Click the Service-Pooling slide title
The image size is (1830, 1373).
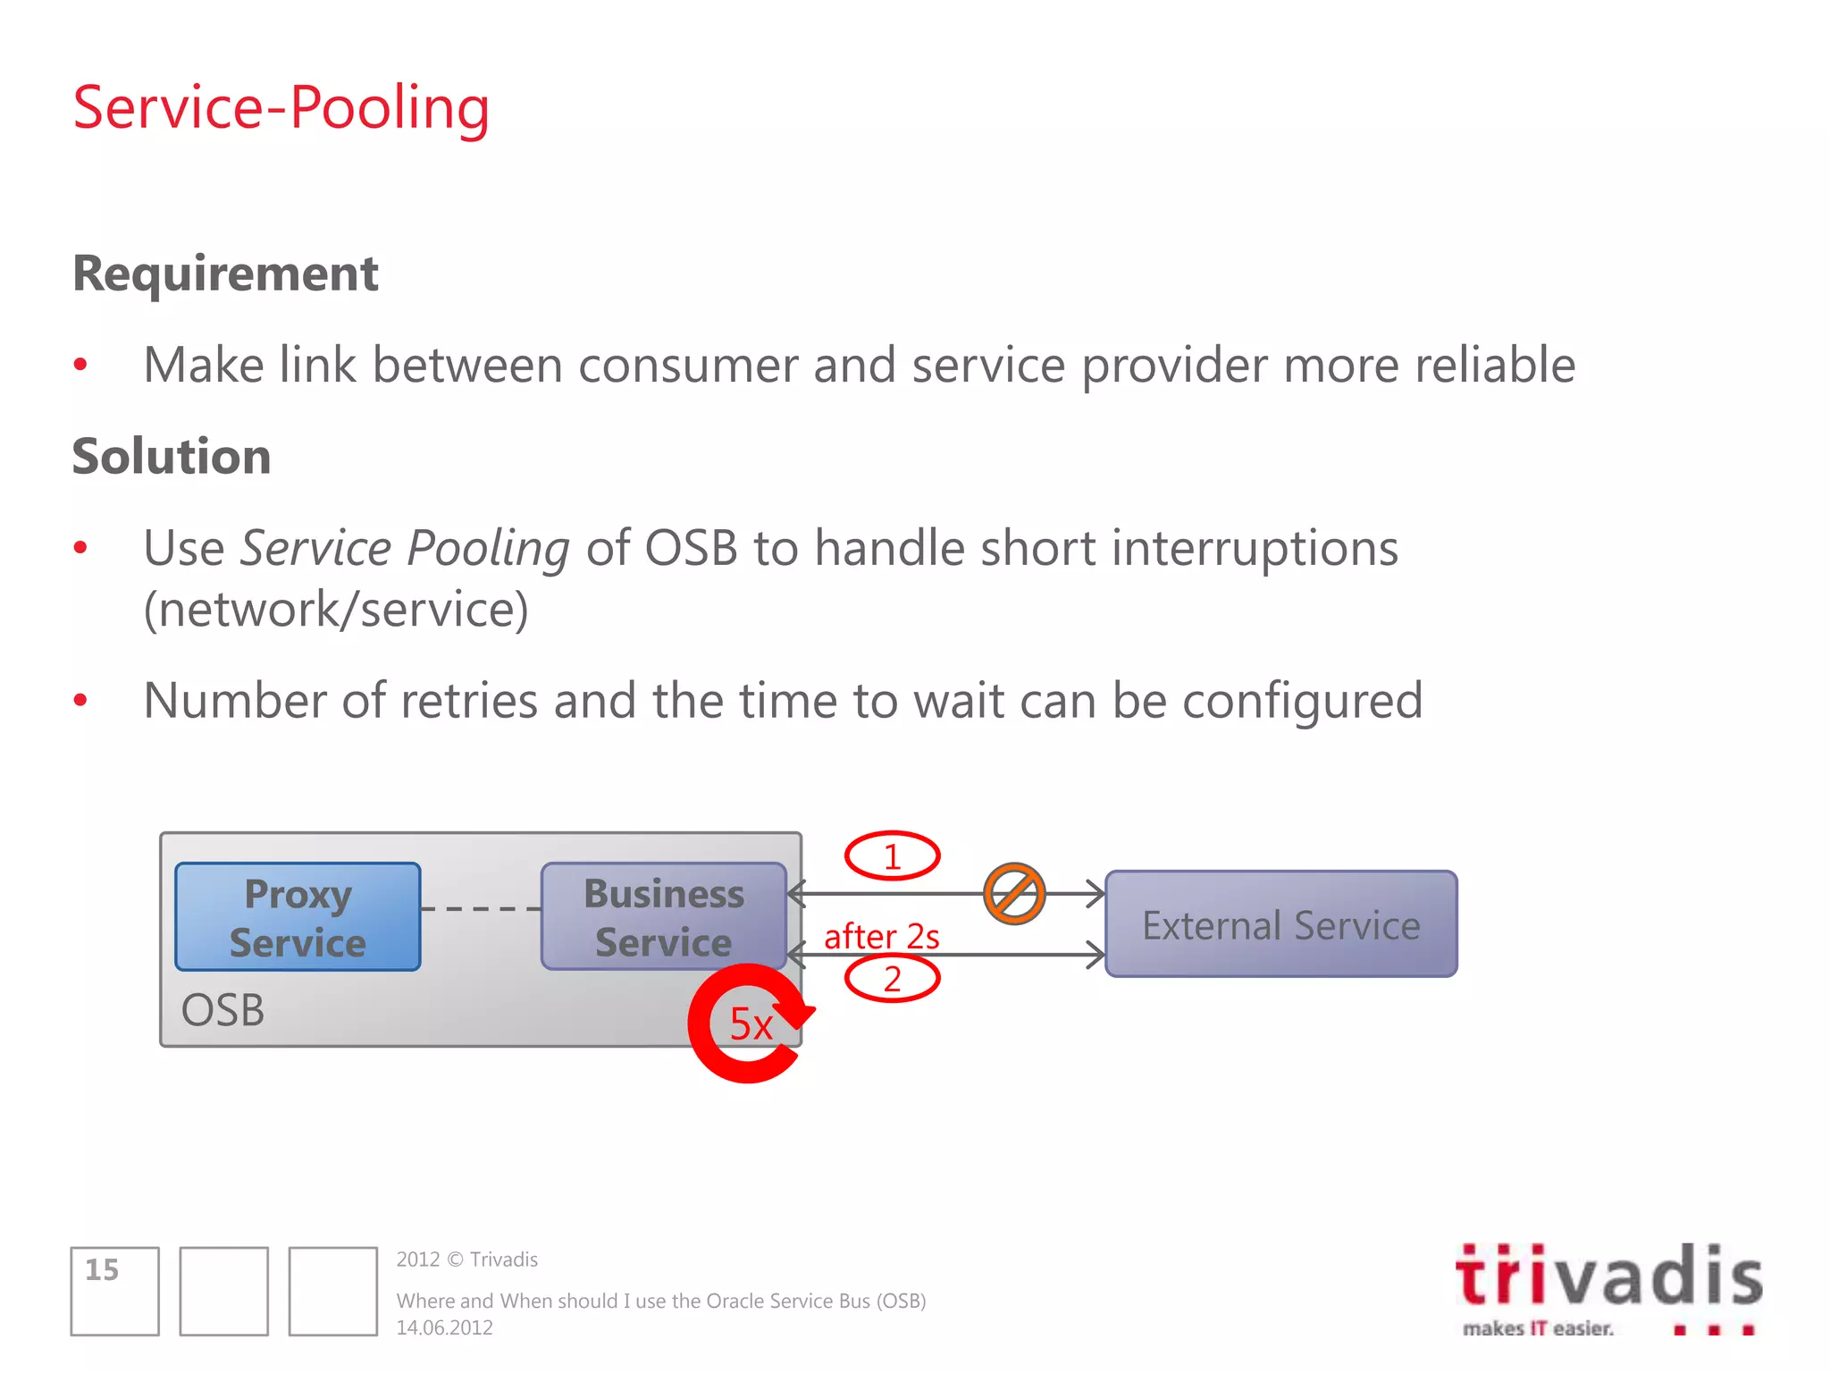(281, 107)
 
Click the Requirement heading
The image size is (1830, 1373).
(225, 274)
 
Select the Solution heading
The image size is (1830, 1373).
(172, 457)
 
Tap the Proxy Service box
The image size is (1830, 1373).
(298, 917)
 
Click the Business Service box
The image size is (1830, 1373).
(663, 917)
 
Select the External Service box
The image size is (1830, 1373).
(1280, 924)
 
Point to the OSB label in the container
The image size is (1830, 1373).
(222, 1011)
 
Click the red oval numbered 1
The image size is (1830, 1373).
(892, 856)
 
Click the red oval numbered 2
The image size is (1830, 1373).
(892, 979)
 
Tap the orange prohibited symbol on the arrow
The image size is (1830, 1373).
(1014, 893)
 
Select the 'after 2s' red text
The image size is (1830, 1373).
(881, 936)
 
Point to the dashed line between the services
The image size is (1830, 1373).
(481, 908)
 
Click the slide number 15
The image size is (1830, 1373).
(102, 1270)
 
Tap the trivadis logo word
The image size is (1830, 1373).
(1608, 1276)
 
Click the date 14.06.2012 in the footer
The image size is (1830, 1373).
(444, 1328)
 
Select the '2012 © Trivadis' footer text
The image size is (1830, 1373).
(466, 1259)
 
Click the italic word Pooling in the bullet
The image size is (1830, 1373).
(488, 548)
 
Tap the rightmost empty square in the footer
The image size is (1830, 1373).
(332, 1291)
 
